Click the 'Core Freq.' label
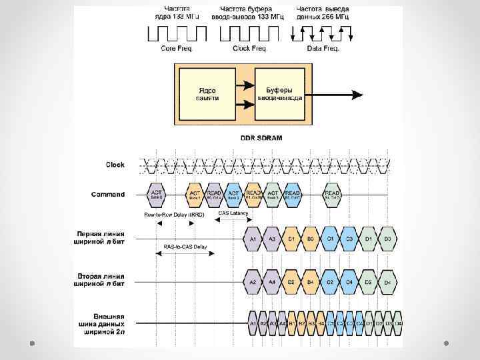click(x=177, y=49)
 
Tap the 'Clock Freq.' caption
click(x=249, y=49)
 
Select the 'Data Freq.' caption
click(x=323, y=49)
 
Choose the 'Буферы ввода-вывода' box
click(x=279, y=94)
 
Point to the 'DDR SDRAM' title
click(x=261, y=138)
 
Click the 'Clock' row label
click(x=115, y=164)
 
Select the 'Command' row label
click(x=108, y=195)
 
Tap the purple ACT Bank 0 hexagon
click(x=156, y=195)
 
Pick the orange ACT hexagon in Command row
click(x=195, y=195)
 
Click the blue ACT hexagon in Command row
click(x=233, y=195)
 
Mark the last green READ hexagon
click(x=332, y=195)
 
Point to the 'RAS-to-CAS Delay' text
click(x=185, y=247)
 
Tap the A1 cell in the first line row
click(x=253, y=238)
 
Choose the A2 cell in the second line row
click(x=253, y=282)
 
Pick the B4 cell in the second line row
click(x=310, y=282)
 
